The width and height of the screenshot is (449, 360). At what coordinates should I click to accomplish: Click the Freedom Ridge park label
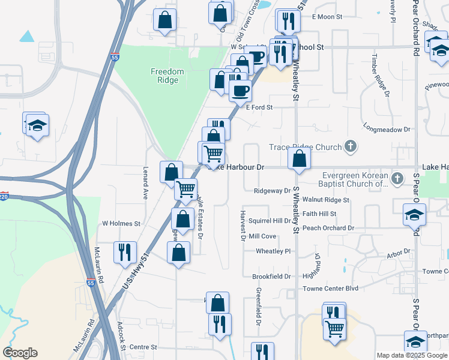pos(167,76)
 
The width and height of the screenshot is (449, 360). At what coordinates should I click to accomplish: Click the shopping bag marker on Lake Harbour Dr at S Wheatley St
pos(299,160)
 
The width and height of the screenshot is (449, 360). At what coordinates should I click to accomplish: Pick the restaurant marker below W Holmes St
pos(125,252)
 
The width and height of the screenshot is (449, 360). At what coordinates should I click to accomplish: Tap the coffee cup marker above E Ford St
pos(240,91)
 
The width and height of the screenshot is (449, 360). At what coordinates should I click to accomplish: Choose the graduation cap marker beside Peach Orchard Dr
pos(414,215)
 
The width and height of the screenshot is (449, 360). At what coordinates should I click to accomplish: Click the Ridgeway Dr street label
pos(272,191)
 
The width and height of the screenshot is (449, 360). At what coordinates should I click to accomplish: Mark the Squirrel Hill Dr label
pos(270,221)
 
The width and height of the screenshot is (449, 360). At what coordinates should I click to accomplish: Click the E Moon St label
pos(327,17)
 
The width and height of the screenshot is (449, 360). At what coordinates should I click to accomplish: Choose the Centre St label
pos(143,347)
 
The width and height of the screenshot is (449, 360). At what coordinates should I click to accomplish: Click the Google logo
pos(20,353)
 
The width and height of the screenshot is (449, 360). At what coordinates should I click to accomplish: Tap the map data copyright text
pos(412,355)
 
